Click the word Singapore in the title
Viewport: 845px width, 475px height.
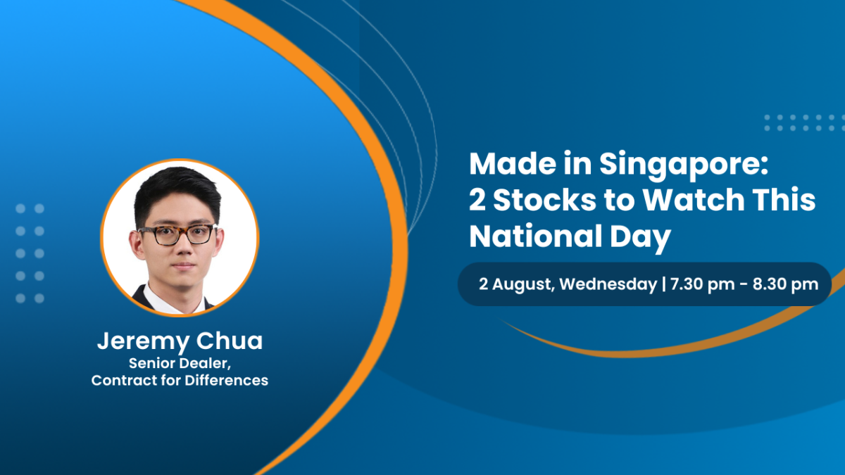684,165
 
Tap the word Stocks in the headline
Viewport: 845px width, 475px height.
544,199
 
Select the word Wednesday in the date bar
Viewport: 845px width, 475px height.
608,284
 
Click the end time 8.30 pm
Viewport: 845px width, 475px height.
785,284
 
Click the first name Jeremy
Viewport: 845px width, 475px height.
143,342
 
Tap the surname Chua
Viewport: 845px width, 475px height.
230,341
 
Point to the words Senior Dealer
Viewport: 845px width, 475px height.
180,363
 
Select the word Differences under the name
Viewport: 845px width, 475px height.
226,381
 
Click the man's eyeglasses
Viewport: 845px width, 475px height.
177,234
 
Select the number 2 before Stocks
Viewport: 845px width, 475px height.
477,199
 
